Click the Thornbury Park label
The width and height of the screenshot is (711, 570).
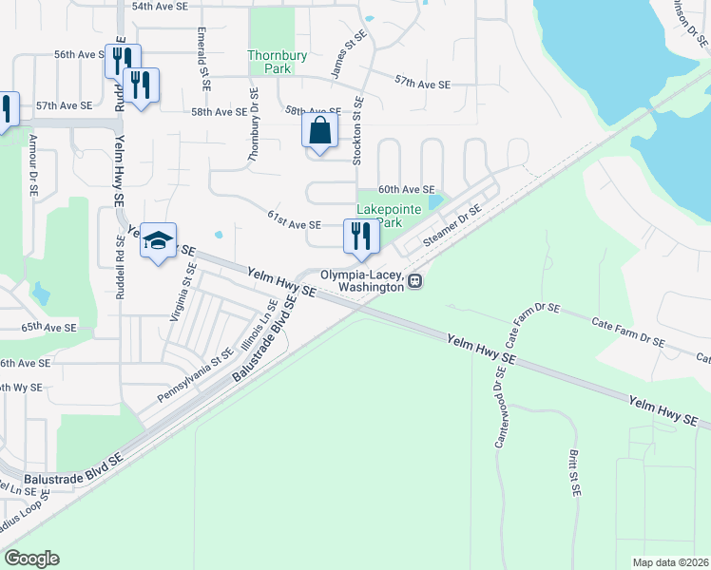278,63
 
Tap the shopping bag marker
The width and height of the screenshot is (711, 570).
319,130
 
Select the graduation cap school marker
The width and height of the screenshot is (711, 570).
159,241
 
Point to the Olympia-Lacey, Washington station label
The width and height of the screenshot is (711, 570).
361,280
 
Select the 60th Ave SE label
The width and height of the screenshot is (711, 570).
406,190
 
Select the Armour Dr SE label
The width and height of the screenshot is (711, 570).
32,164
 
